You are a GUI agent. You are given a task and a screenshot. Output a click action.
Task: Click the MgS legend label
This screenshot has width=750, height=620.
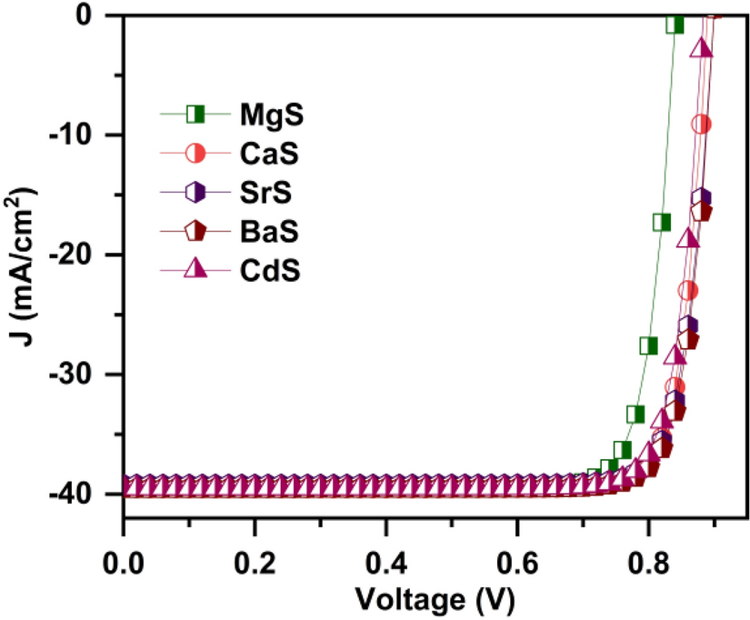tap(271, 115)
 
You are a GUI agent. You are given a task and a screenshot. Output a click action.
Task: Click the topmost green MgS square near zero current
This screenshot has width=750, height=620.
tap(675, 24)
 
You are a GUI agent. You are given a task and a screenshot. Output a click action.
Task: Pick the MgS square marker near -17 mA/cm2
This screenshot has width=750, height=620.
tap(661, 222)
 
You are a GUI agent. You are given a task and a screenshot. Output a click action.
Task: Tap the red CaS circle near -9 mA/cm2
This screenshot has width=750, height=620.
tap(701, 124)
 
